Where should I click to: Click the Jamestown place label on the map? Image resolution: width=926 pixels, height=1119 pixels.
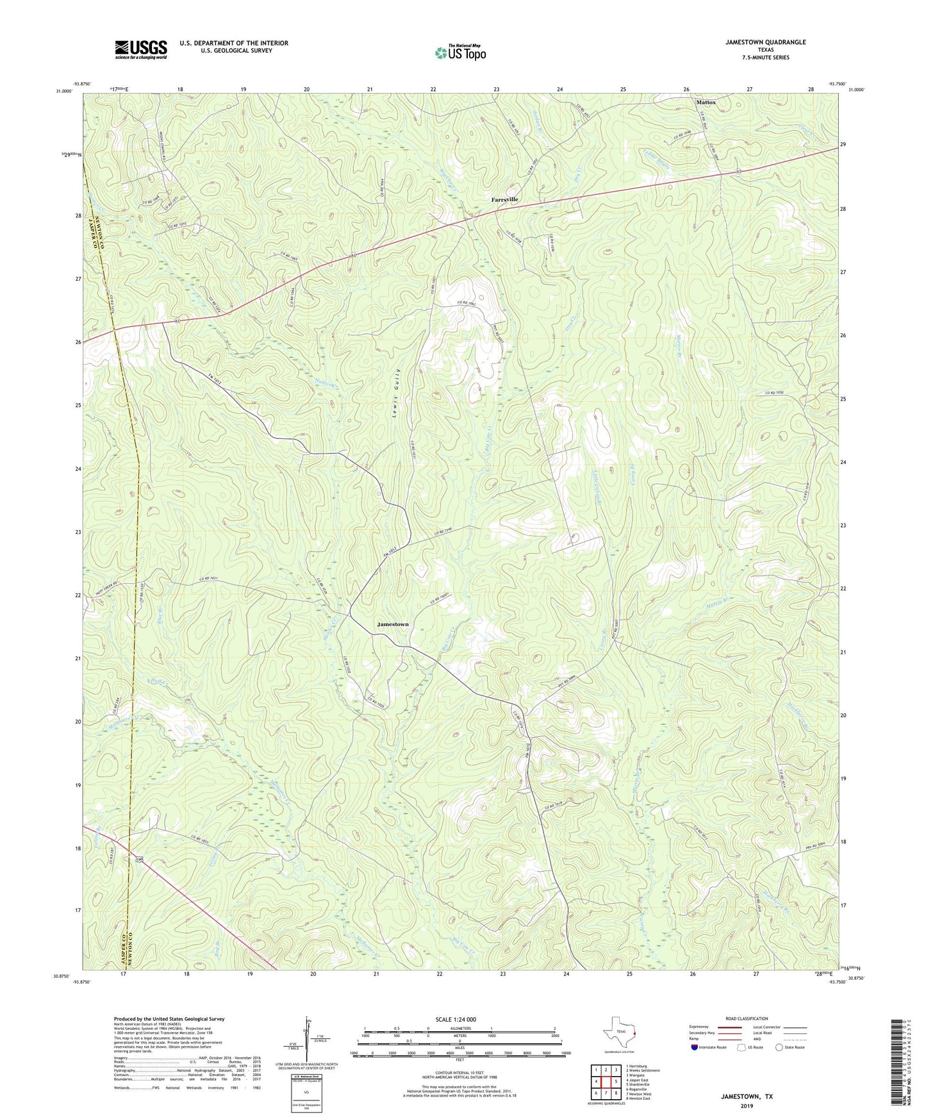(x=392, y=624)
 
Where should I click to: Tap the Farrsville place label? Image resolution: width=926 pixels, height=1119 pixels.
(x=504, y=199)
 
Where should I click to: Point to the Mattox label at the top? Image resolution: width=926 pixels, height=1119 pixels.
(x=706, y=102)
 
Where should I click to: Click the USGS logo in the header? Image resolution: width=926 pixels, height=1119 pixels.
(x=140, y=49)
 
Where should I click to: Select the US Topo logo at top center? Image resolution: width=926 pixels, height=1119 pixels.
(x=459, y=52)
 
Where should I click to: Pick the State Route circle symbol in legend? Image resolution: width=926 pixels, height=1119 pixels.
(x=779, y=1047)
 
